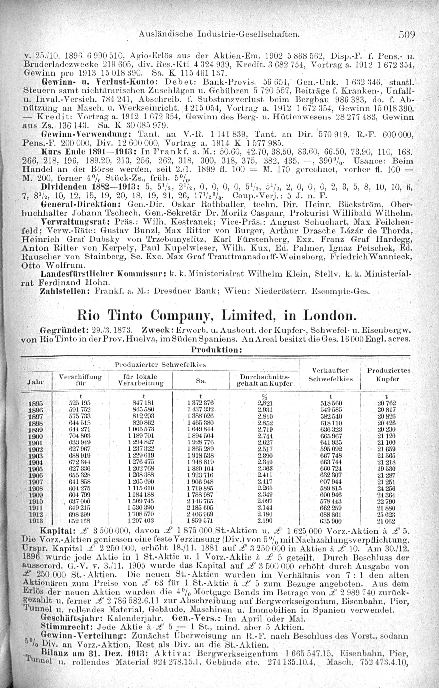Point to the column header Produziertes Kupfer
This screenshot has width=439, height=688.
point(389,375)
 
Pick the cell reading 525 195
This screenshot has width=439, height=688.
point(80,403)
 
